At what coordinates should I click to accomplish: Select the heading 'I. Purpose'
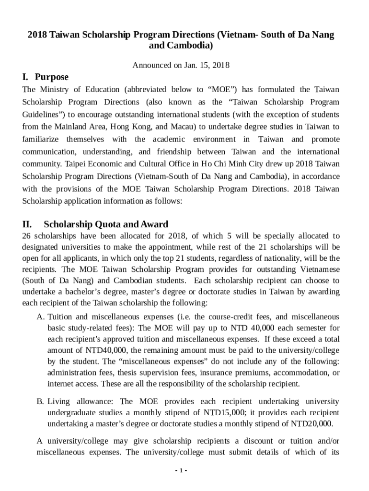46,77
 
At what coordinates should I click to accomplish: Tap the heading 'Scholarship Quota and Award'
106,224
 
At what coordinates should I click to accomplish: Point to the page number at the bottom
181,470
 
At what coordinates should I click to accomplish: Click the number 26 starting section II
27,236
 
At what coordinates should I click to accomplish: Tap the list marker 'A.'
41,317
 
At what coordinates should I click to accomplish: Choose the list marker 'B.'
41,401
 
